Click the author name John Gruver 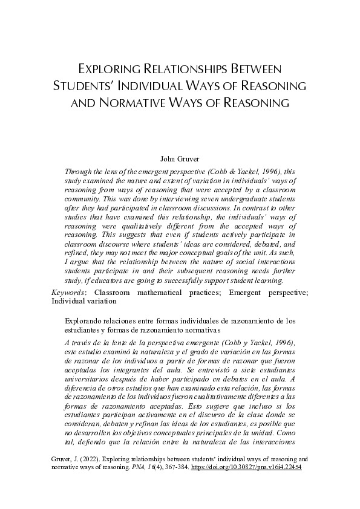point(180,159)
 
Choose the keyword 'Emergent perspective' point(264,293)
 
